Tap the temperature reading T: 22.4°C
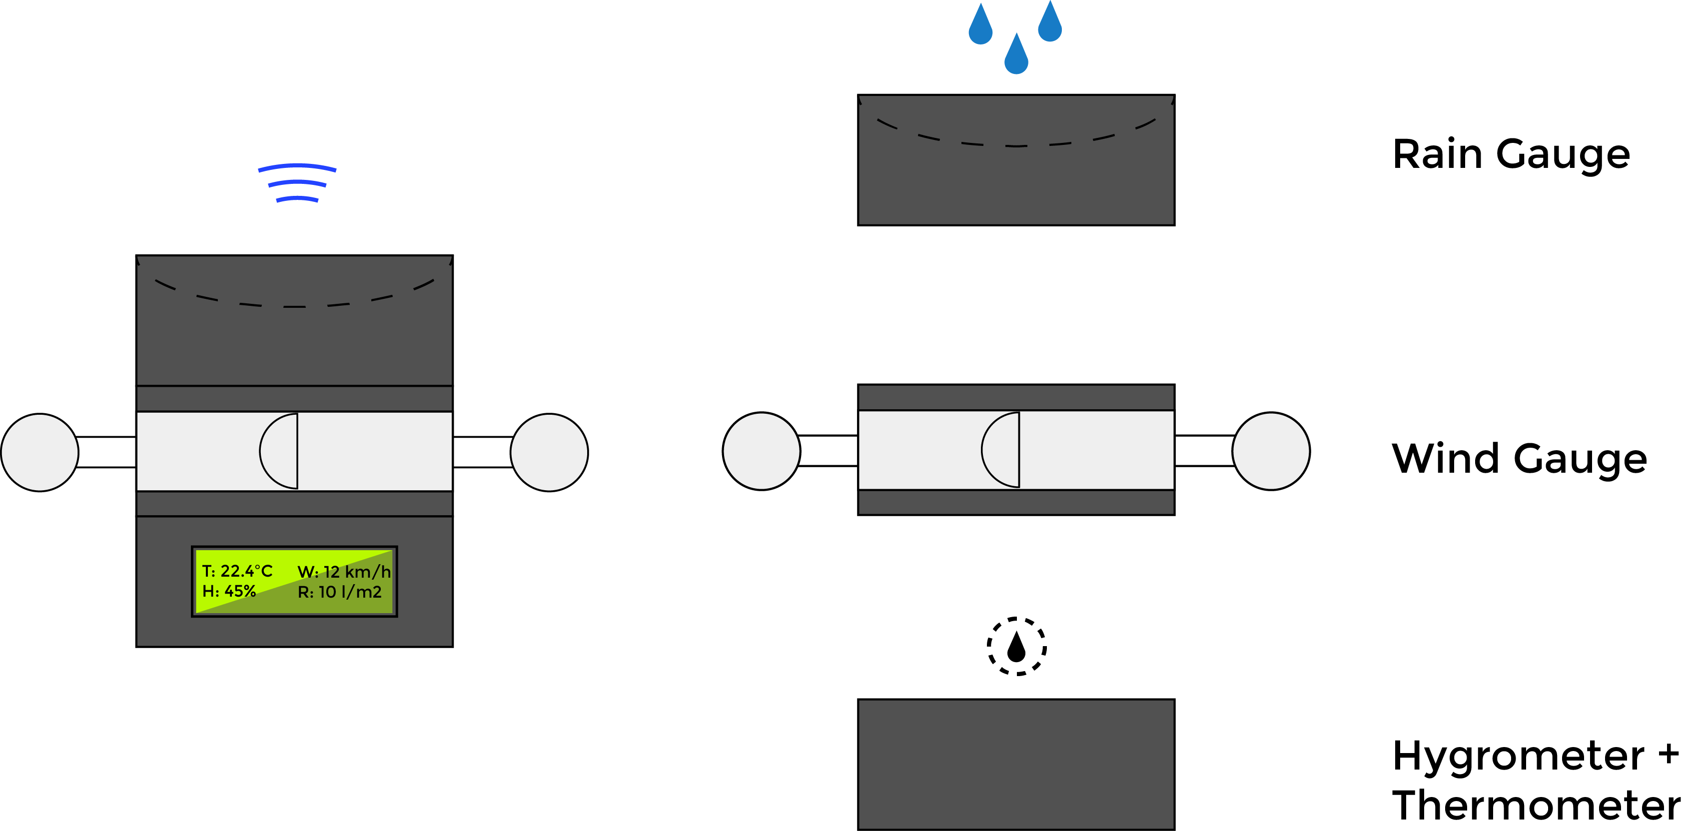tap(237, 571)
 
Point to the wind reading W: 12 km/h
tap(343, 572)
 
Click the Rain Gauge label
tap(1511, 155)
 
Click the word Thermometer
tap(1536, 806)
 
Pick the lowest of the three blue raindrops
tap(1016, 56)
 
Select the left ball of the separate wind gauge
tap(761, 451)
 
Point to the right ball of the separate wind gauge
tap(1271, 451)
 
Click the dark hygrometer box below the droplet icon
tap(1016, 764)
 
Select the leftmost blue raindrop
tap(980, 27)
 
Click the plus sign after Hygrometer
tap(1669, 754)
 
